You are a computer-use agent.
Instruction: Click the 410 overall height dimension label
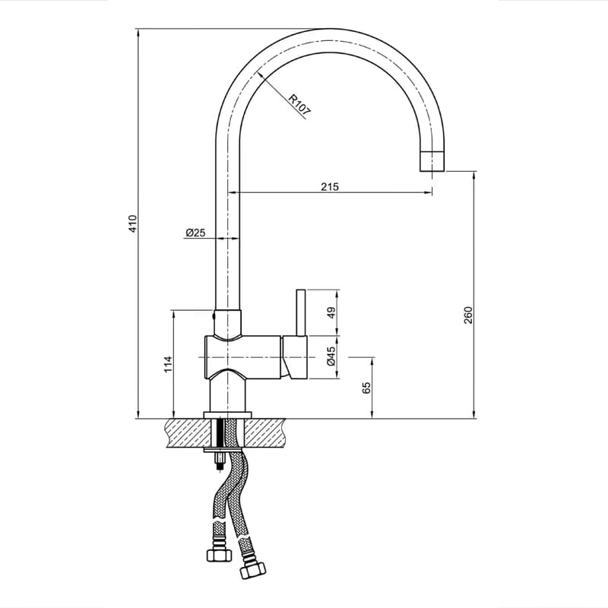pyautogui.click(x=133, y=223)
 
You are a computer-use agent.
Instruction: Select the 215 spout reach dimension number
pyautogui.click(x=330, y=186)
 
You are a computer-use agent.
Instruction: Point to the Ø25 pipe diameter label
pyautogui.click(x=195, y=233)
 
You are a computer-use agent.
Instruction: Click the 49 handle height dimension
pyautogui.click(x=331, y=312)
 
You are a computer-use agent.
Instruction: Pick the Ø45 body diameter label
pyautogui.click(x=331, y=356)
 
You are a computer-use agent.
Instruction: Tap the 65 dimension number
pyautogui.click(x=367, y=388)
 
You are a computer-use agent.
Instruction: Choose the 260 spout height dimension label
pyautogui.click(x=468, y=315)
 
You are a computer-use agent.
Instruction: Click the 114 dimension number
pyautogui.click(x=168, y=364)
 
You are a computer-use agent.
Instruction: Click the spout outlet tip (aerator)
pyautogui.click(x=432, y=160)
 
